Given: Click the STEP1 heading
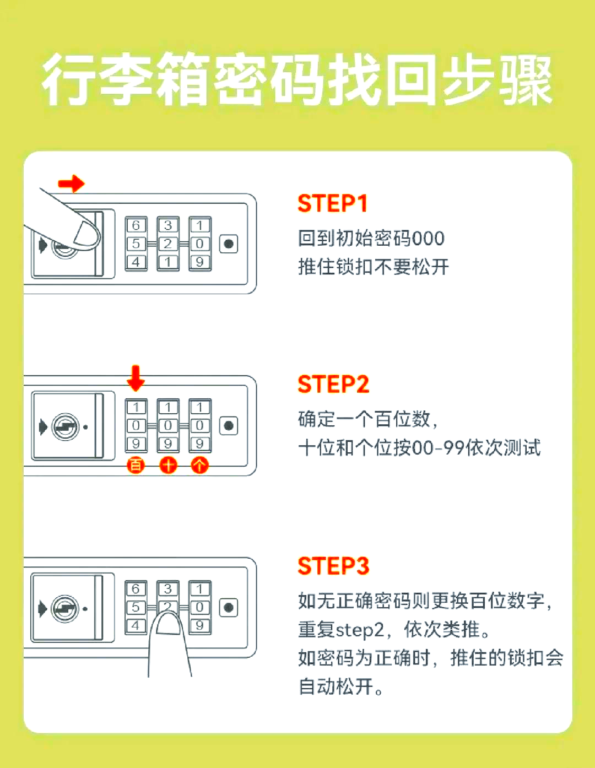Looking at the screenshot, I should pos(332,203).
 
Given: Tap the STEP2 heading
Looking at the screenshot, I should pos(333,384).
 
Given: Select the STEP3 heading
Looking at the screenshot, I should pos(333,566).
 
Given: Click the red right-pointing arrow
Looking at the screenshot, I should pos(72,183).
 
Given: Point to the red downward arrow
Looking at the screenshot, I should pos(136,377).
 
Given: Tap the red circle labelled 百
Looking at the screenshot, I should pos(136,466).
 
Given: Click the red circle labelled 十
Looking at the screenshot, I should pos(168,466).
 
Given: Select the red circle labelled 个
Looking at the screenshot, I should pos(199,466).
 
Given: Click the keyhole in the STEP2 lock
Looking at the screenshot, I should pos(65,426).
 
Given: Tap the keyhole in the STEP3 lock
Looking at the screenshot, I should pos(65,608).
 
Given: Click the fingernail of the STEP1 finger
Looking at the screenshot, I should pos(86,234).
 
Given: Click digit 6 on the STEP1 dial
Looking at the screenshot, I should pos(136,225).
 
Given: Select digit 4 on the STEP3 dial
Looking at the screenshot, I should pos(136,626).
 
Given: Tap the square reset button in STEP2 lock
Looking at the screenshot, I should pos(229,426).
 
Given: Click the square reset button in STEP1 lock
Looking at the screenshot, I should pos(229,244).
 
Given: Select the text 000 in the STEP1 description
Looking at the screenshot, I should pos(428,239).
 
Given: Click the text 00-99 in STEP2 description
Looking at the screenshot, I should pos(437,448).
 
